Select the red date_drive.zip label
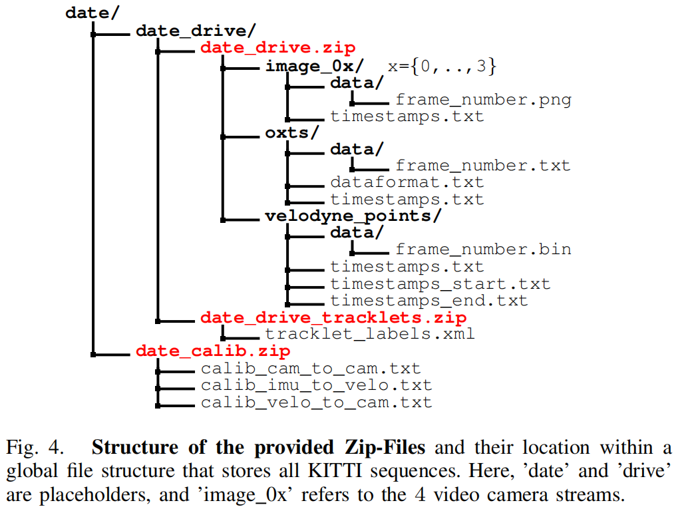277,48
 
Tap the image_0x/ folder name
314,66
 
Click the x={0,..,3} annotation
442,67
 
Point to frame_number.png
483,100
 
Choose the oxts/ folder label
287,132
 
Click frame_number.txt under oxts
483,166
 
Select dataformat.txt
407,182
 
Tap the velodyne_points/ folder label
353,216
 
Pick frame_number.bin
483,250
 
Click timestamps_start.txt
440,284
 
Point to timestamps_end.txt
429,301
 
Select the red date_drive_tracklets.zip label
333,317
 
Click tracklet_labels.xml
370,334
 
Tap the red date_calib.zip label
213,351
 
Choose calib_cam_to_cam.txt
311,369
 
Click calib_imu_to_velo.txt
316,385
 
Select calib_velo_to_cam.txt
316,403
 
